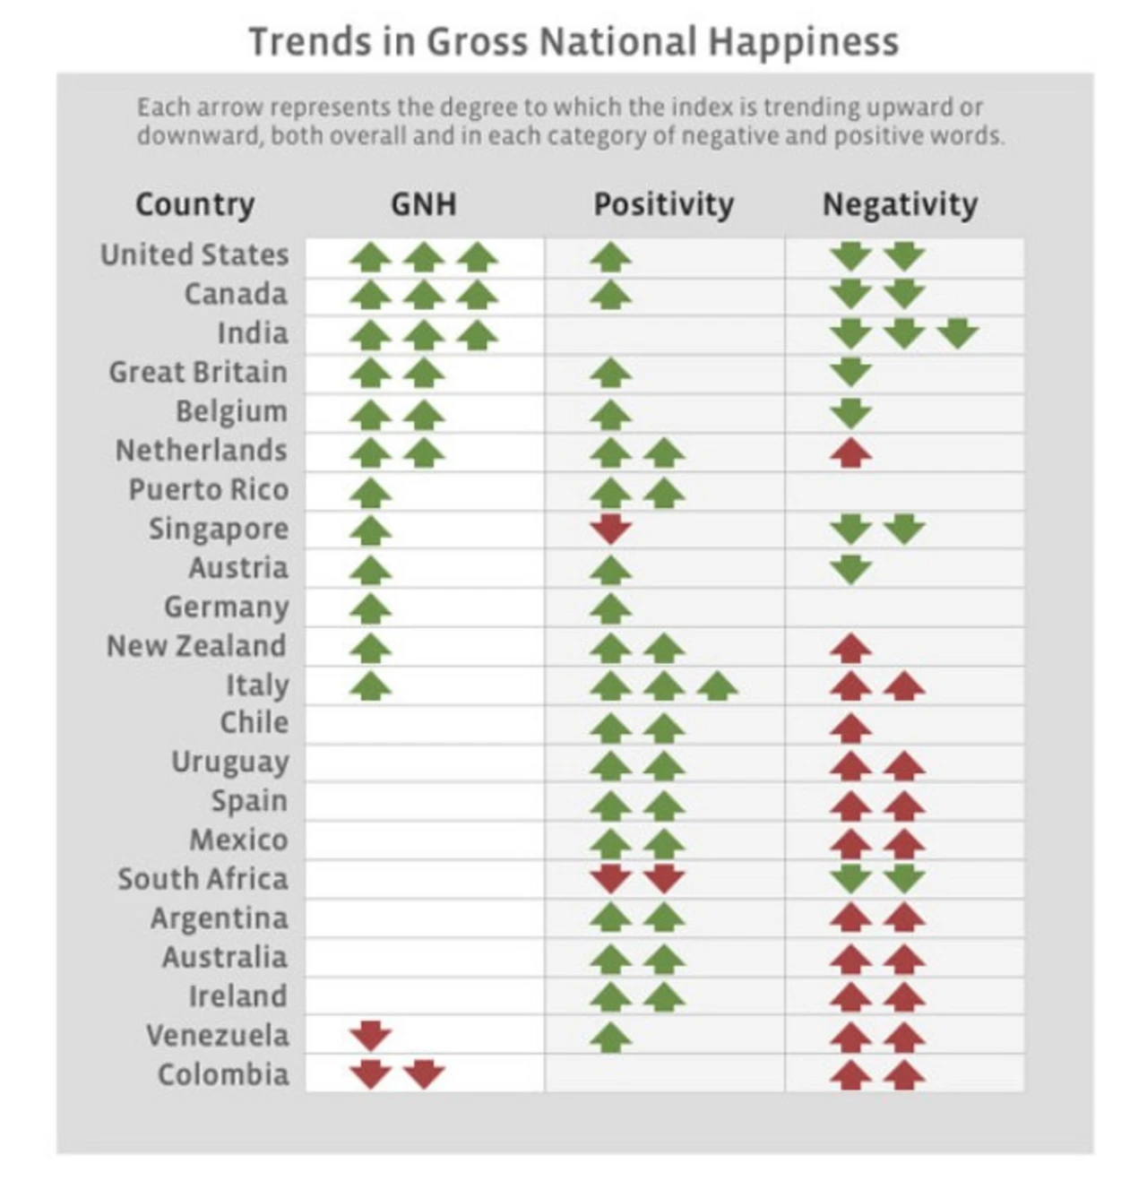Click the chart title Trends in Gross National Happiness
click(x=573, y=42)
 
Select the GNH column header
click(x=423, y=204)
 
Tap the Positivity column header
click(x=663, y=204)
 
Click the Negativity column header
click(x=900, y=204)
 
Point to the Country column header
click(x=194, y=204)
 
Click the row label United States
click(x=194, y=255)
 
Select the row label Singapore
click(x=219, y=529)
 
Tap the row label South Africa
click(x=203, y=879)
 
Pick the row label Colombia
click(x=223, y=1074)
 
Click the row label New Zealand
click(x=197, y=646)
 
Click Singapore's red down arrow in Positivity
click(x=611, y=529)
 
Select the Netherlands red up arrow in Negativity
click(x=850, y=452)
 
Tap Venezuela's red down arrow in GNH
click(x=370, y=1035)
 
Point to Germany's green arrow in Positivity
click(x=611, y=608)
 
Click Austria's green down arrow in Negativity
click(x=850, y=568)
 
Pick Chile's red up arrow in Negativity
click(x=850, y=726)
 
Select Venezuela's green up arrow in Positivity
click(x=611, y=1038)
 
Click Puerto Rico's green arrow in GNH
click(x=370, y=491)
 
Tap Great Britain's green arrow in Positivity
click(x=611, y=372)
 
